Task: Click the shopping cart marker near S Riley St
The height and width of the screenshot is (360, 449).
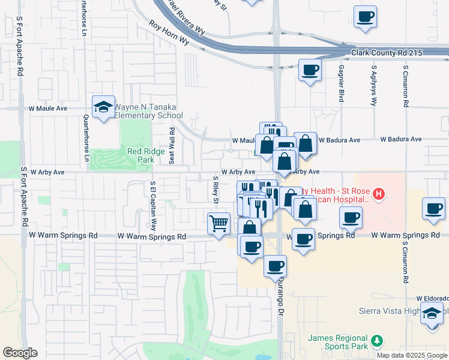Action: (x=218, y=223)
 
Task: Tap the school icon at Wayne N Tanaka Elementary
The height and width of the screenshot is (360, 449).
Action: (x=103, y=107)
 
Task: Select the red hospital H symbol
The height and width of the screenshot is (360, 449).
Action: (x=378, y=194)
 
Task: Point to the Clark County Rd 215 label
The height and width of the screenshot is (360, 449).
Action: (x=387, y=53)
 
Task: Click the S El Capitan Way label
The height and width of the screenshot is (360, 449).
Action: (x=153, y=206)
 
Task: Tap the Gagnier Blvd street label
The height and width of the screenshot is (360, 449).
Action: (x=341, y=83)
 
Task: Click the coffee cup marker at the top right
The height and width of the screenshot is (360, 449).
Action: (x=364, y=16)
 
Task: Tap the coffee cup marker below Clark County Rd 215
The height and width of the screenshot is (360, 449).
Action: (x=310, y=70)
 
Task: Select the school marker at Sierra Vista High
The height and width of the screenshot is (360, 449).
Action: (x=432, y=313)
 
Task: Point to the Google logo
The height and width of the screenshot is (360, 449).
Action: (x=20, y=353)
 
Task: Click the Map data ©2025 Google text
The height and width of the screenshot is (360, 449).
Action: (x=412, y=355)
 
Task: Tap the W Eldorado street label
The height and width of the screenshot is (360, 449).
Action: (x=432, y=298)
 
